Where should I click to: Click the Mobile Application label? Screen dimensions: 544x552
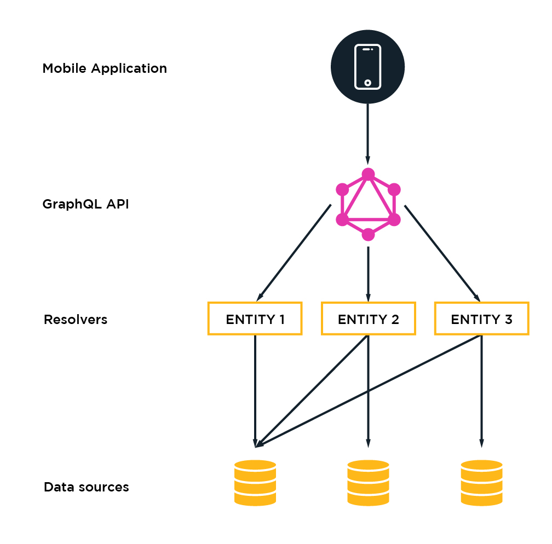click(x=105, y=69)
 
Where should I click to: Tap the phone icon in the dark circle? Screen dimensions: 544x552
click(x=367, y=66)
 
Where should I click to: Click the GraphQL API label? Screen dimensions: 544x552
click(x=86, y=205)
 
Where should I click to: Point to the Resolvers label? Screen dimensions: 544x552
click(x=76, y=320)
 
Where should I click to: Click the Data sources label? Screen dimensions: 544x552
click(x=87, y=487)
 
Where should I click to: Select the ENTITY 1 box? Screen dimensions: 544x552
click(x=255, y=319)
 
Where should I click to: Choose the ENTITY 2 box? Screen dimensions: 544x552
click(x=368, y=319)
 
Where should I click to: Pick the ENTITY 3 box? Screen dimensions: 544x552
click(x=481, y=319)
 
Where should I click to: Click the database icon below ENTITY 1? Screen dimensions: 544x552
click(x=255, y=482)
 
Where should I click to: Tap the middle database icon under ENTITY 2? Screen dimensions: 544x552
click(x=368, y=482)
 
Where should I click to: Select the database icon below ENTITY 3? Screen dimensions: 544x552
click(x=481, y=482)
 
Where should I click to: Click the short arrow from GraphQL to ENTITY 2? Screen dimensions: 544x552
click(x=368, y=271)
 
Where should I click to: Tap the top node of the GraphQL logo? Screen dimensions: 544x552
click(x=368, y=175)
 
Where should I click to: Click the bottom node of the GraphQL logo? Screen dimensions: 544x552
click(x=368, y=235)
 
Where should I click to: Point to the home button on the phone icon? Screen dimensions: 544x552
click(x=367, y=83)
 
